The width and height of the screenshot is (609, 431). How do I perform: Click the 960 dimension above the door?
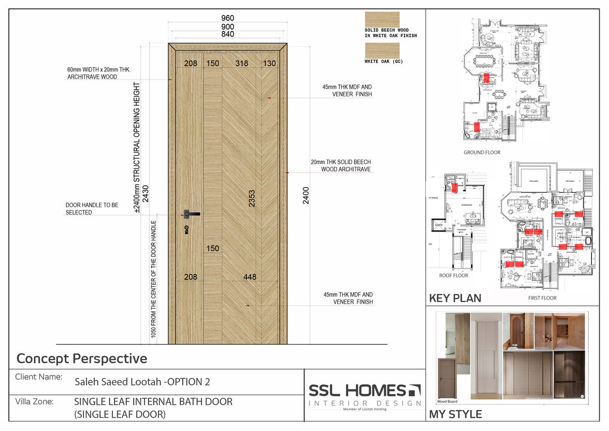[x=228, y=18]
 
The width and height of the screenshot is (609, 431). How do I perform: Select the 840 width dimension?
[x=228, y=34]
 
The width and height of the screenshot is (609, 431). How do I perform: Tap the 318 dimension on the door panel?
[x=242, y=64]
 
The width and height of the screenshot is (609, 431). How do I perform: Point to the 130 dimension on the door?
[x=270, y=64]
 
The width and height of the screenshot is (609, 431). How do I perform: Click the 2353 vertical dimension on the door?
[x=252, y=199]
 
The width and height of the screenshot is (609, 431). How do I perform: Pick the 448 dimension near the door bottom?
[x=250, y=277]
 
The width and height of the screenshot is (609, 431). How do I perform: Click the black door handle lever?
[x=193, y=213]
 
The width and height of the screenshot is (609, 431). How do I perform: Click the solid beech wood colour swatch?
[x=381, y=19]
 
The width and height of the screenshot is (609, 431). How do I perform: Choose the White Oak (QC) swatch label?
[x=383, y=61]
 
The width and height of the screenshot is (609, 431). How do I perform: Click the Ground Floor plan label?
[x=482, y=152]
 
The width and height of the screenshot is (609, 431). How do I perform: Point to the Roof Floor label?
[x=453, y=275]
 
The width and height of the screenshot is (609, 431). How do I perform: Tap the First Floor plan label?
[x=542, y=298]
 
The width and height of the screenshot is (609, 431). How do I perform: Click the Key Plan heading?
[x=455, y=298]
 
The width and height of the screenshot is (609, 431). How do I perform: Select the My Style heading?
[x=456, y=414]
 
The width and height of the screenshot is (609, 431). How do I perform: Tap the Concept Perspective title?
[x=82, y=358]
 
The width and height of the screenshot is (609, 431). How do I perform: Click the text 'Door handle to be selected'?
[x=92, y=209]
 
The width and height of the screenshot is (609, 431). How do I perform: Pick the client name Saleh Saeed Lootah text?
[x=142, y=382]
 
